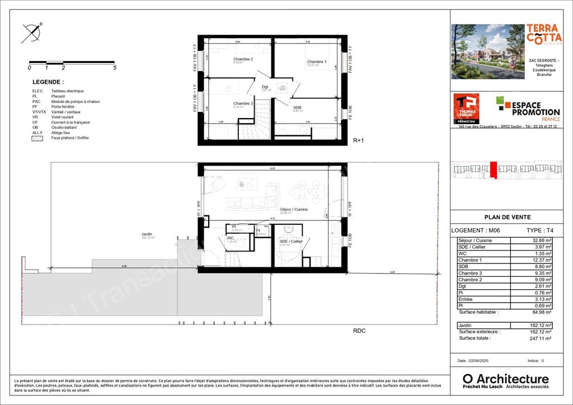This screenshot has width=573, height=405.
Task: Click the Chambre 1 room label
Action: click(316, 62)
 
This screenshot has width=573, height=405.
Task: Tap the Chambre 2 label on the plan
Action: click(243, 59)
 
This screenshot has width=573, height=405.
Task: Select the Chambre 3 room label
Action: click(243, 103)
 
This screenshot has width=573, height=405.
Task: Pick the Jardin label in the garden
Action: click(147, 234)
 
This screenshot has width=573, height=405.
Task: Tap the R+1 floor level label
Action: click(358, 141)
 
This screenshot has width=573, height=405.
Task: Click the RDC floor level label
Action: click(359, 331)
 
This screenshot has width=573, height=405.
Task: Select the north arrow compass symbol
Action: click(32, 33)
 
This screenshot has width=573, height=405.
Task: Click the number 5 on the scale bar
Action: click(115, 68)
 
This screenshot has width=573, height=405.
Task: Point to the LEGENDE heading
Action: click(48, 82)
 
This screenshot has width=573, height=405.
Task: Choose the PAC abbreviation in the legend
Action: click(36, 101)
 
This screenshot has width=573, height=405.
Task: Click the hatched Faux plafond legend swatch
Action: click(37, 138)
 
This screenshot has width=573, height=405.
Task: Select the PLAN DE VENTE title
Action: click(507, 218)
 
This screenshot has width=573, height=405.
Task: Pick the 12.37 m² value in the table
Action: click(542, 260)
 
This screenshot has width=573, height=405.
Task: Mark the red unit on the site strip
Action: click(493, 169)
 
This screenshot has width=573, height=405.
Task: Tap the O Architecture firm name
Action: click(506, 379)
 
